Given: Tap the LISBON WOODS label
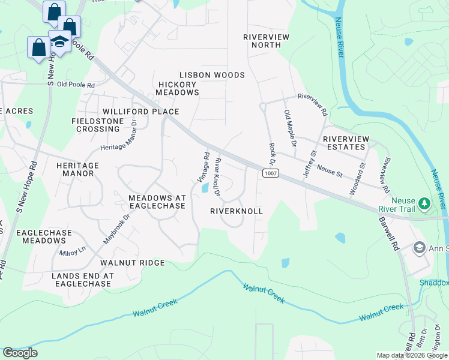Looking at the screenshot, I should (x=212, y=75).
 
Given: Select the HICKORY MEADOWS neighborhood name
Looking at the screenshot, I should (x=177, y=88).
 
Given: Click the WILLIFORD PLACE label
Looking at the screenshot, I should (x=140, y=112).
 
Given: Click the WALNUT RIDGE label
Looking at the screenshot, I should (x=132, y=263).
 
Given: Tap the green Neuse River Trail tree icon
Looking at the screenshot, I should (x=425, y=204).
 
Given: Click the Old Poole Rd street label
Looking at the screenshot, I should (x=76, y=85).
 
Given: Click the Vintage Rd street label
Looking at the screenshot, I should (x=203, y=167).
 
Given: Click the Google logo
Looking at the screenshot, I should (x=20, y=353).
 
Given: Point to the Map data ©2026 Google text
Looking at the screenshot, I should (x=411, y=355).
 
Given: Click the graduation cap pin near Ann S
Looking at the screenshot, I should (x=419, y=247).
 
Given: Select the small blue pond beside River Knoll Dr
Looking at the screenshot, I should (x=206, y=188).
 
